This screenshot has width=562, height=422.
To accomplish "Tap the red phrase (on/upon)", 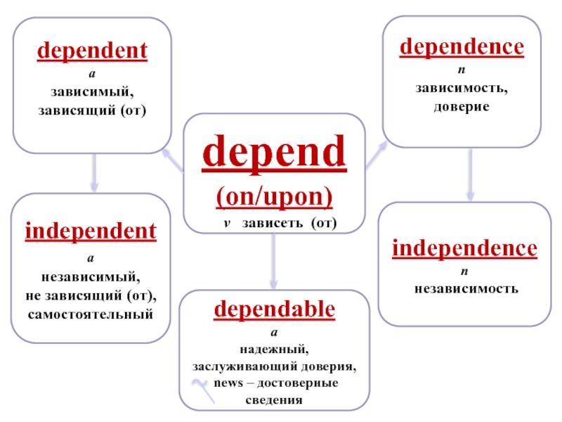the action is (274, 196).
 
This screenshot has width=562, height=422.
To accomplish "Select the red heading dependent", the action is (92, 51).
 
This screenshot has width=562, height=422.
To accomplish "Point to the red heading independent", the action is (91, 231).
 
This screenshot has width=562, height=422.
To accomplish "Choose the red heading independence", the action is (464, 248).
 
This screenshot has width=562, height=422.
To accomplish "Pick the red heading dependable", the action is (275, 309).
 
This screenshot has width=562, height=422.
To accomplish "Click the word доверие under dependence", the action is (462, 105).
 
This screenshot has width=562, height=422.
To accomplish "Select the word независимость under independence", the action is (465, 288).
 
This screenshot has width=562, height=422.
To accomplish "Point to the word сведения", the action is (275, 400).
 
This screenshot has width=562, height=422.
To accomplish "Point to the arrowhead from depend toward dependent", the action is (166, 153).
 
